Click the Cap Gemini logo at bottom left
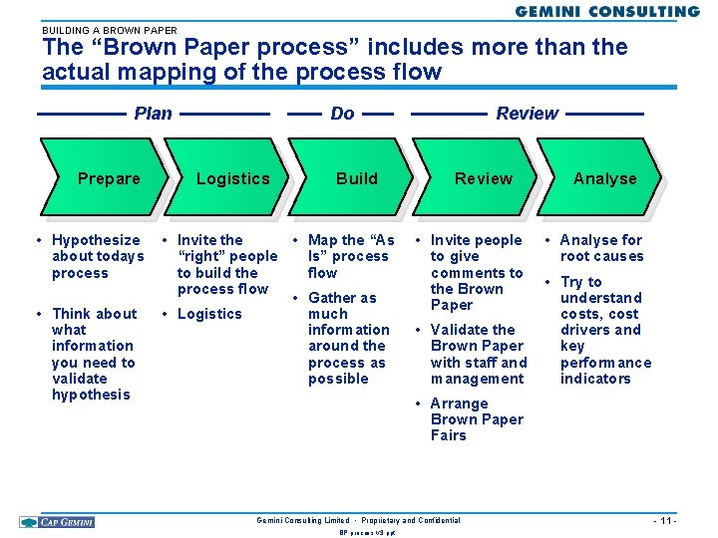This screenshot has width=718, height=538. [56, 521]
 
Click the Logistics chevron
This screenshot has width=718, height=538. [232, 178]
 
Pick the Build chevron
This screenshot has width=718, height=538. [356, 178]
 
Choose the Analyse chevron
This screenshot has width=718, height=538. [604, 178]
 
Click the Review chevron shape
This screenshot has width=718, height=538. [483, 178]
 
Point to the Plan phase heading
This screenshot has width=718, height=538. [153, 114]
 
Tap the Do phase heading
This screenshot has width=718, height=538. [342, 114]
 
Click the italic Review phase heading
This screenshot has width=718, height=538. [527, 114]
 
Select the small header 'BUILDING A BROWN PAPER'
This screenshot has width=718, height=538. [110, 30]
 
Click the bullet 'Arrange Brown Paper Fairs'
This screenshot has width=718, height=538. [476, 419]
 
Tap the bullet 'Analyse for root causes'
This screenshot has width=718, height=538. [601, 248]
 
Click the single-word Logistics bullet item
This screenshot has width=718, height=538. [209, 314]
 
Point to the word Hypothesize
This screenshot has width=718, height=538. [96, 240]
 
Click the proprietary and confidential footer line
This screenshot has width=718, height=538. [358, 520]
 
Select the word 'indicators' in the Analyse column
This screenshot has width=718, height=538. [595, 379]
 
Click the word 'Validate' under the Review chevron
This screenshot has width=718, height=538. [473, 330]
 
